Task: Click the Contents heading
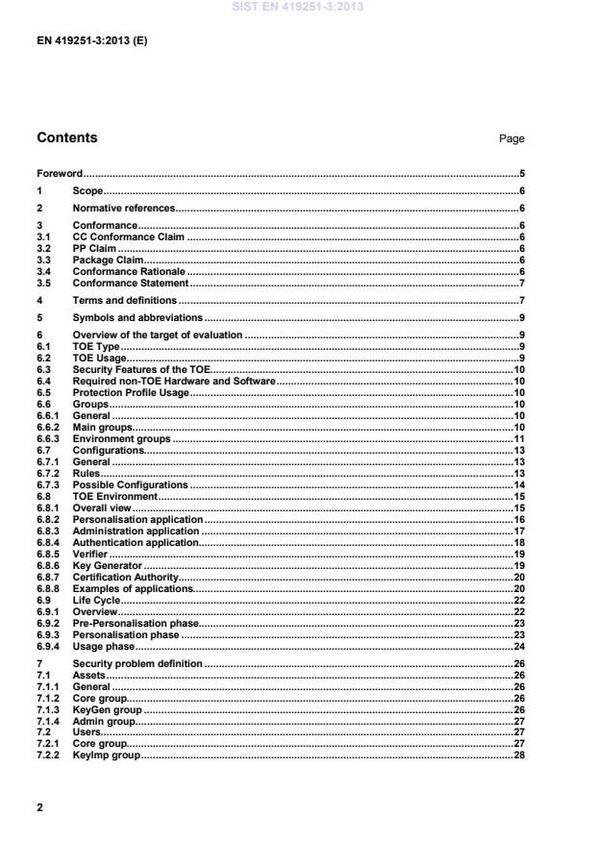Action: pos(66,137)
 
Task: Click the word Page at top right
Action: pos(511,139)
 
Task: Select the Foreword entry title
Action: pos(60,174)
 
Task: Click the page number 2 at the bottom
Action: pos(39,807)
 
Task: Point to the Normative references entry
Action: pos(124,208)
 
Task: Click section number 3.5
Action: pos(43,283)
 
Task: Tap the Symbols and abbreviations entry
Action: pos(137,317)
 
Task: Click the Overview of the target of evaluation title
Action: pos(158,334)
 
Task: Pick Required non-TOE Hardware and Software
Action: pos(174,382)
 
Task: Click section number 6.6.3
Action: pos(45,438)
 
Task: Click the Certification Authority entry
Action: pos(126,577)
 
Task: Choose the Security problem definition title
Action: pos(137,663)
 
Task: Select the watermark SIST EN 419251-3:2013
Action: pos(298,9)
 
